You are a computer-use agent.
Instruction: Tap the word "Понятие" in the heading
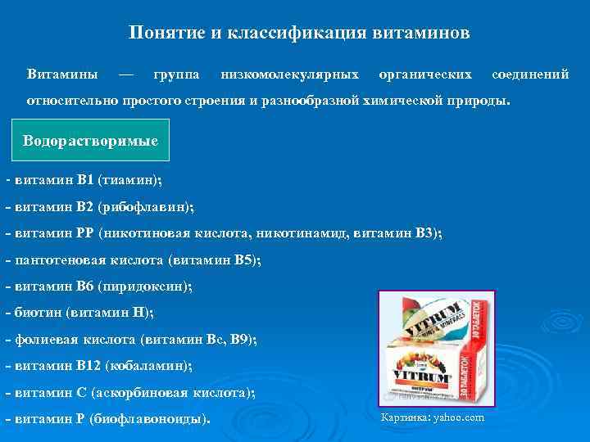click(159, 34)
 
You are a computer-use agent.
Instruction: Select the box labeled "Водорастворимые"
click(91, 140)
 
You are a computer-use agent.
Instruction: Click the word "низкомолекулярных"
click(290, 74)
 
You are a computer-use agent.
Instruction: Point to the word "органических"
click(425, 74)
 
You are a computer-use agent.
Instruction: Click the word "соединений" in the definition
click(530, 74)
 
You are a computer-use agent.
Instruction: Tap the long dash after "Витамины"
click(125, 74)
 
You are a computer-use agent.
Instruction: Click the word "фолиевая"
click(43, 339)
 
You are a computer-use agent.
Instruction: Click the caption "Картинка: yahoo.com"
click(433, 418)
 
